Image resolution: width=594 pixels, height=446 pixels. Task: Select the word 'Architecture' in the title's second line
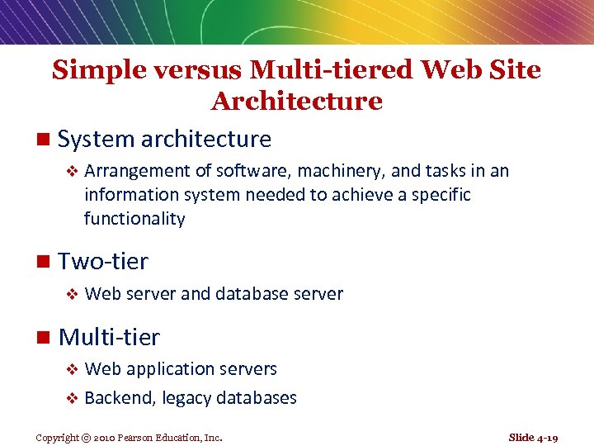pyautogui.click(x=297, y=102)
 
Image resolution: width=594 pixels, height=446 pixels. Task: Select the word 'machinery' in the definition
pyautogui.click(x=341, y=171)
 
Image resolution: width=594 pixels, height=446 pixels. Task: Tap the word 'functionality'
pyautogui.click(x=134, y=219)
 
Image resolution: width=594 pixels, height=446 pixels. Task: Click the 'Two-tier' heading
pyautogui.click(x=103, y=262)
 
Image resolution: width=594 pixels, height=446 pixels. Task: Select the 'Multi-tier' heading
pyautogui.click(x=109, y=337)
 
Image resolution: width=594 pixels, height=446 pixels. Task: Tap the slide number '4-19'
pyautogui.click(x=547, y=438)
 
